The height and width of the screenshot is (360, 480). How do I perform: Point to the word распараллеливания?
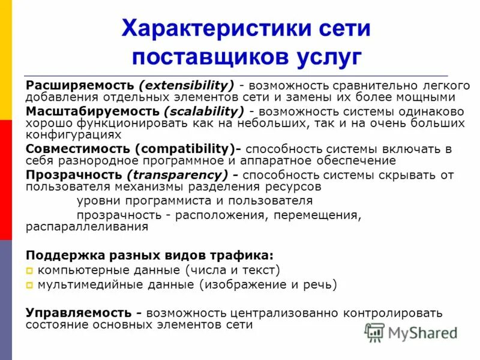(87, 227)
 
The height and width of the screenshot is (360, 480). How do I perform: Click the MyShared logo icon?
(374, 332)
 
